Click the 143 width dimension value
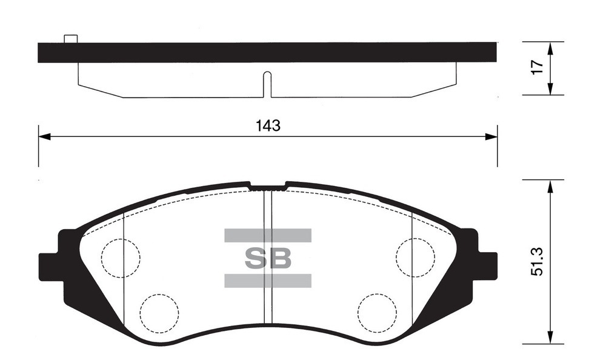pos(267,126)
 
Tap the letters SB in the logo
pos(268,259)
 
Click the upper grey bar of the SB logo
pos(268,236)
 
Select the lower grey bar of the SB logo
pos(268,281)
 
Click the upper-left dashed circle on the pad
pos(121,258)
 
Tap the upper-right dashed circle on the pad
pos(415,258)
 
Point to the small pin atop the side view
pos(71,39)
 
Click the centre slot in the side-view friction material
pos(267,84)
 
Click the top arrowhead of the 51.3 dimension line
pos(550,184)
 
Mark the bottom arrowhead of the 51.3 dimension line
pos(550,339)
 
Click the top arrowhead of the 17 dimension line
pos(550,47)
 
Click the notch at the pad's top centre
pos(267,186)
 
